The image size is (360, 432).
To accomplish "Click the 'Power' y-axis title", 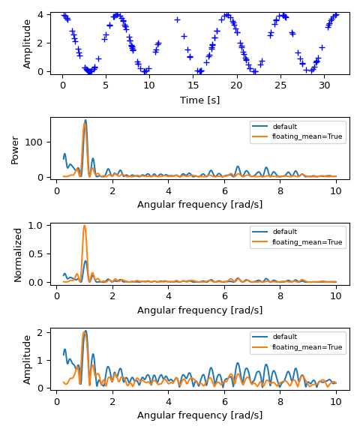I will [x=15, y=149].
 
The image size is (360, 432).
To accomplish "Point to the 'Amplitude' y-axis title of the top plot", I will [x=28, y=43].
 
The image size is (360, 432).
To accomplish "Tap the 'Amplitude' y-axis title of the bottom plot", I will [x=28, y=359].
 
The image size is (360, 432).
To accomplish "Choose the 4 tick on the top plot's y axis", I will [x=44, y=14].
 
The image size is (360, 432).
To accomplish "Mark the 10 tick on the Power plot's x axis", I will [x=336, y=190].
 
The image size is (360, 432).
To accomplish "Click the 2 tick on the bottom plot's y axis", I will [x=44, y=332].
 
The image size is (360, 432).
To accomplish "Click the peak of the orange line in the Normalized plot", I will [x=84, y=226].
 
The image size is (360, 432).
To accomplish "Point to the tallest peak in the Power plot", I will [x=85, y=121].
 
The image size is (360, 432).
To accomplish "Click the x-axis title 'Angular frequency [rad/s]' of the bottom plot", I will [x=199, y=415].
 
